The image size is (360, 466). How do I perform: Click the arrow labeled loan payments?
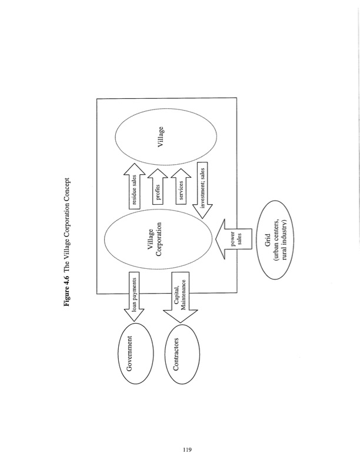point(134,297)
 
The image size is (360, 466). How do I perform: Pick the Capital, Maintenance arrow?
point(182,297)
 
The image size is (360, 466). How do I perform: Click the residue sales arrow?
point(135,189)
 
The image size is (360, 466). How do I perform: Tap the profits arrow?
point(158,189)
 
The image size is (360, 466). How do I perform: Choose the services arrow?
point(182,189)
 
